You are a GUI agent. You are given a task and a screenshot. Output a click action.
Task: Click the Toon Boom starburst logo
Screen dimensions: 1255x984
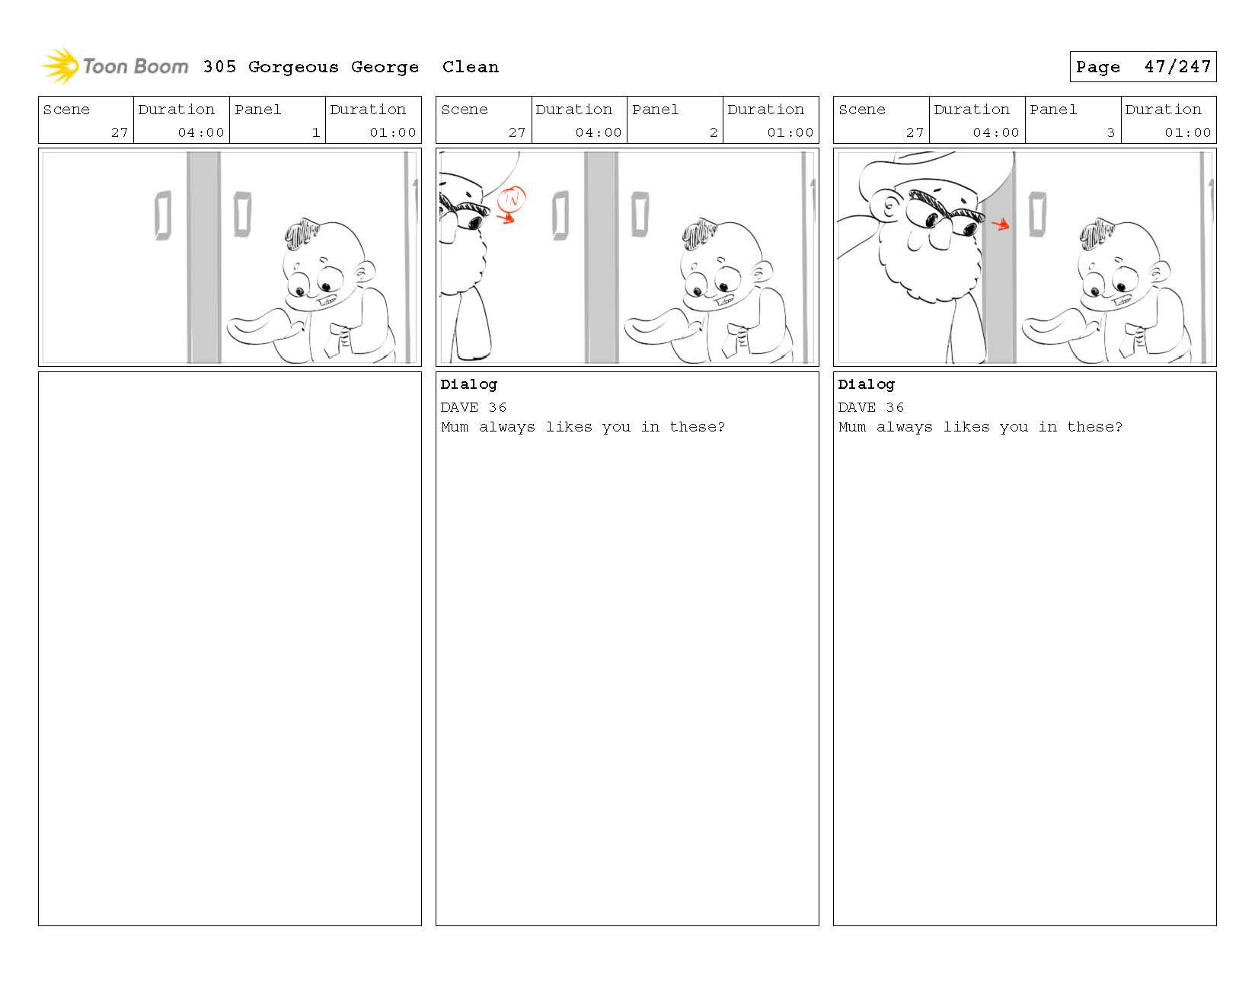(60, 65)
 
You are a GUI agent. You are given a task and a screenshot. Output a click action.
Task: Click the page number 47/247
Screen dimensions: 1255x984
(1177, 67)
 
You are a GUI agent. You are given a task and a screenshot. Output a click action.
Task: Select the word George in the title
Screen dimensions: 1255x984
(385, 68)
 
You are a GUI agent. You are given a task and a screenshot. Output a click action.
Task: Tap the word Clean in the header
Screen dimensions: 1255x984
(470, 67)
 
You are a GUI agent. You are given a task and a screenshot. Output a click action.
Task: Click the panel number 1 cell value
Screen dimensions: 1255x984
(315, 132)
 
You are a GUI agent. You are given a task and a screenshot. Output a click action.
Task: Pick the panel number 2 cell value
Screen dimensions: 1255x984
(714, 132)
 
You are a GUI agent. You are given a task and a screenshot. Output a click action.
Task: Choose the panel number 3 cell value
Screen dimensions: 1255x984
(1110, 132)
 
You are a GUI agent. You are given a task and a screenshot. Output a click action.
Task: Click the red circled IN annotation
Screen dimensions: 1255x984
(512, 199)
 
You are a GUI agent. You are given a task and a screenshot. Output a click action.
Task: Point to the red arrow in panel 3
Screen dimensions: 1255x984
(1001, 224)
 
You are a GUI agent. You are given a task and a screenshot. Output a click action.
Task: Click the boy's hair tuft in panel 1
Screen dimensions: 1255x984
(300, 233)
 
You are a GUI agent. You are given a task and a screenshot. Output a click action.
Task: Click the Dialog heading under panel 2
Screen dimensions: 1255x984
(468, 385)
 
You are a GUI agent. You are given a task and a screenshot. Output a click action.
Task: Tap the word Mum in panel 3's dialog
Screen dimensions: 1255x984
(852, 427)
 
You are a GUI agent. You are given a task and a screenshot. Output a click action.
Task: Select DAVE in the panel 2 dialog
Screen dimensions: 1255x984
(459, 407)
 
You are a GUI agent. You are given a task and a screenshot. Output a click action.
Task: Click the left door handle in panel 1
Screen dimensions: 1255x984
(164, 215)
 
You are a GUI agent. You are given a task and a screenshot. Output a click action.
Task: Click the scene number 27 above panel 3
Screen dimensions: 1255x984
(915, 132)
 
